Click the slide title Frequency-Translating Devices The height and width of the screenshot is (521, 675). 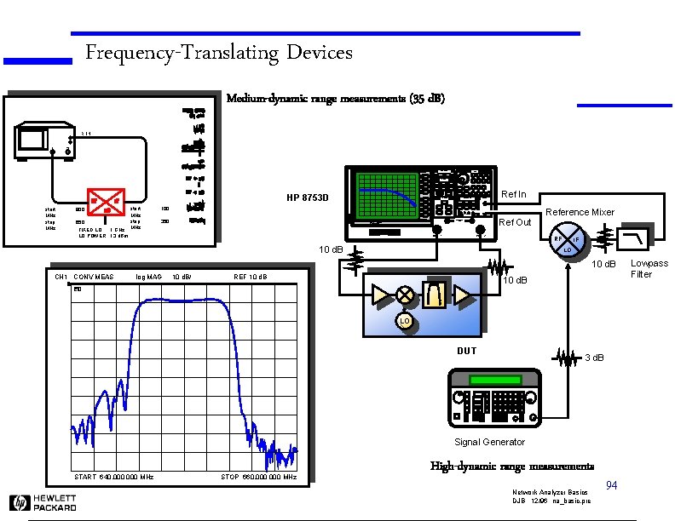[219, 54]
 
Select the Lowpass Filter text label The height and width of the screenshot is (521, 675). [649, 269]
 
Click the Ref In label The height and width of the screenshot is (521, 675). [514, 195]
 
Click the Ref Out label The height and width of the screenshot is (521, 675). [515, 222]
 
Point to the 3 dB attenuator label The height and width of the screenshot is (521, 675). [595, 357]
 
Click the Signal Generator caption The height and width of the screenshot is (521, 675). [489, 442]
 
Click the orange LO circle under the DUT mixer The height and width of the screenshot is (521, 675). [404, 321]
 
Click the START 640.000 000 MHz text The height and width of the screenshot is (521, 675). [113, 477]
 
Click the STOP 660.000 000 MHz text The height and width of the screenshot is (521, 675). [258, 477]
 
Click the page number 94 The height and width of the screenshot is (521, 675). [611, 485]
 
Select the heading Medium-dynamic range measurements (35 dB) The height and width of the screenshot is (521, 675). [335, 99]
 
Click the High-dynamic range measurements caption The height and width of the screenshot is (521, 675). [512, 467]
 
